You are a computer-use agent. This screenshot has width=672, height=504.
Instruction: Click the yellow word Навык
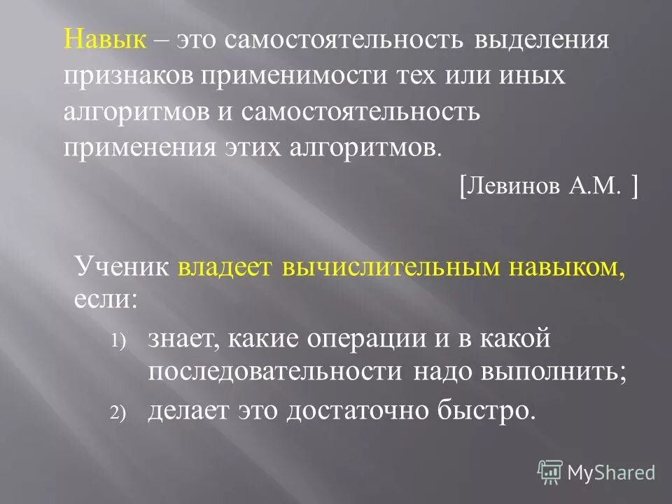pyautogui.click(x=105, y=40)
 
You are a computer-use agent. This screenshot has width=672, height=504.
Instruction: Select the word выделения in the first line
pyautogui.click(x=541, y=40)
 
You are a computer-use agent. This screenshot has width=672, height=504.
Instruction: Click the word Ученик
pyautogui.click(x=122, y=267)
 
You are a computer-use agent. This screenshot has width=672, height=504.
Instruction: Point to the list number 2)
pyautogui.click(x=116, y=414)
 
